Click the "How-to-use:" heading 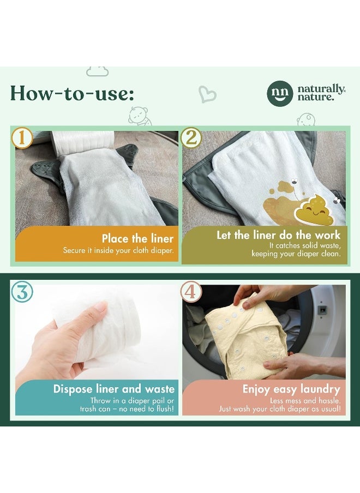click(71, 93)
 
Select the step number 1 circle click(22, 137)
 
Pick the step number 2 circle click(191, 137)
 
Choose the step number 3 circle click(22, 292)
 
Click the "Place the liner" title click(137, 238)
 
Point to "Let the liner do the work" click(278, 235)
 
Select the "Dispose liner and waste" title click(114, 389)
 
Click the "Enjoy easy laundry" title click(291, 389)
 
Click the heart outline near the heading click(207, 94)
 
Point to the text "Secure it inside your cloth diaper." click(118, 250)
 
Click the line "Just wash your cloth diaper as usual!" click(280, 409)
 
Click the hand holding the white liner click(60, 344)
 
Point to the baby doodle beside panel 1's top click(139, 116)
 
